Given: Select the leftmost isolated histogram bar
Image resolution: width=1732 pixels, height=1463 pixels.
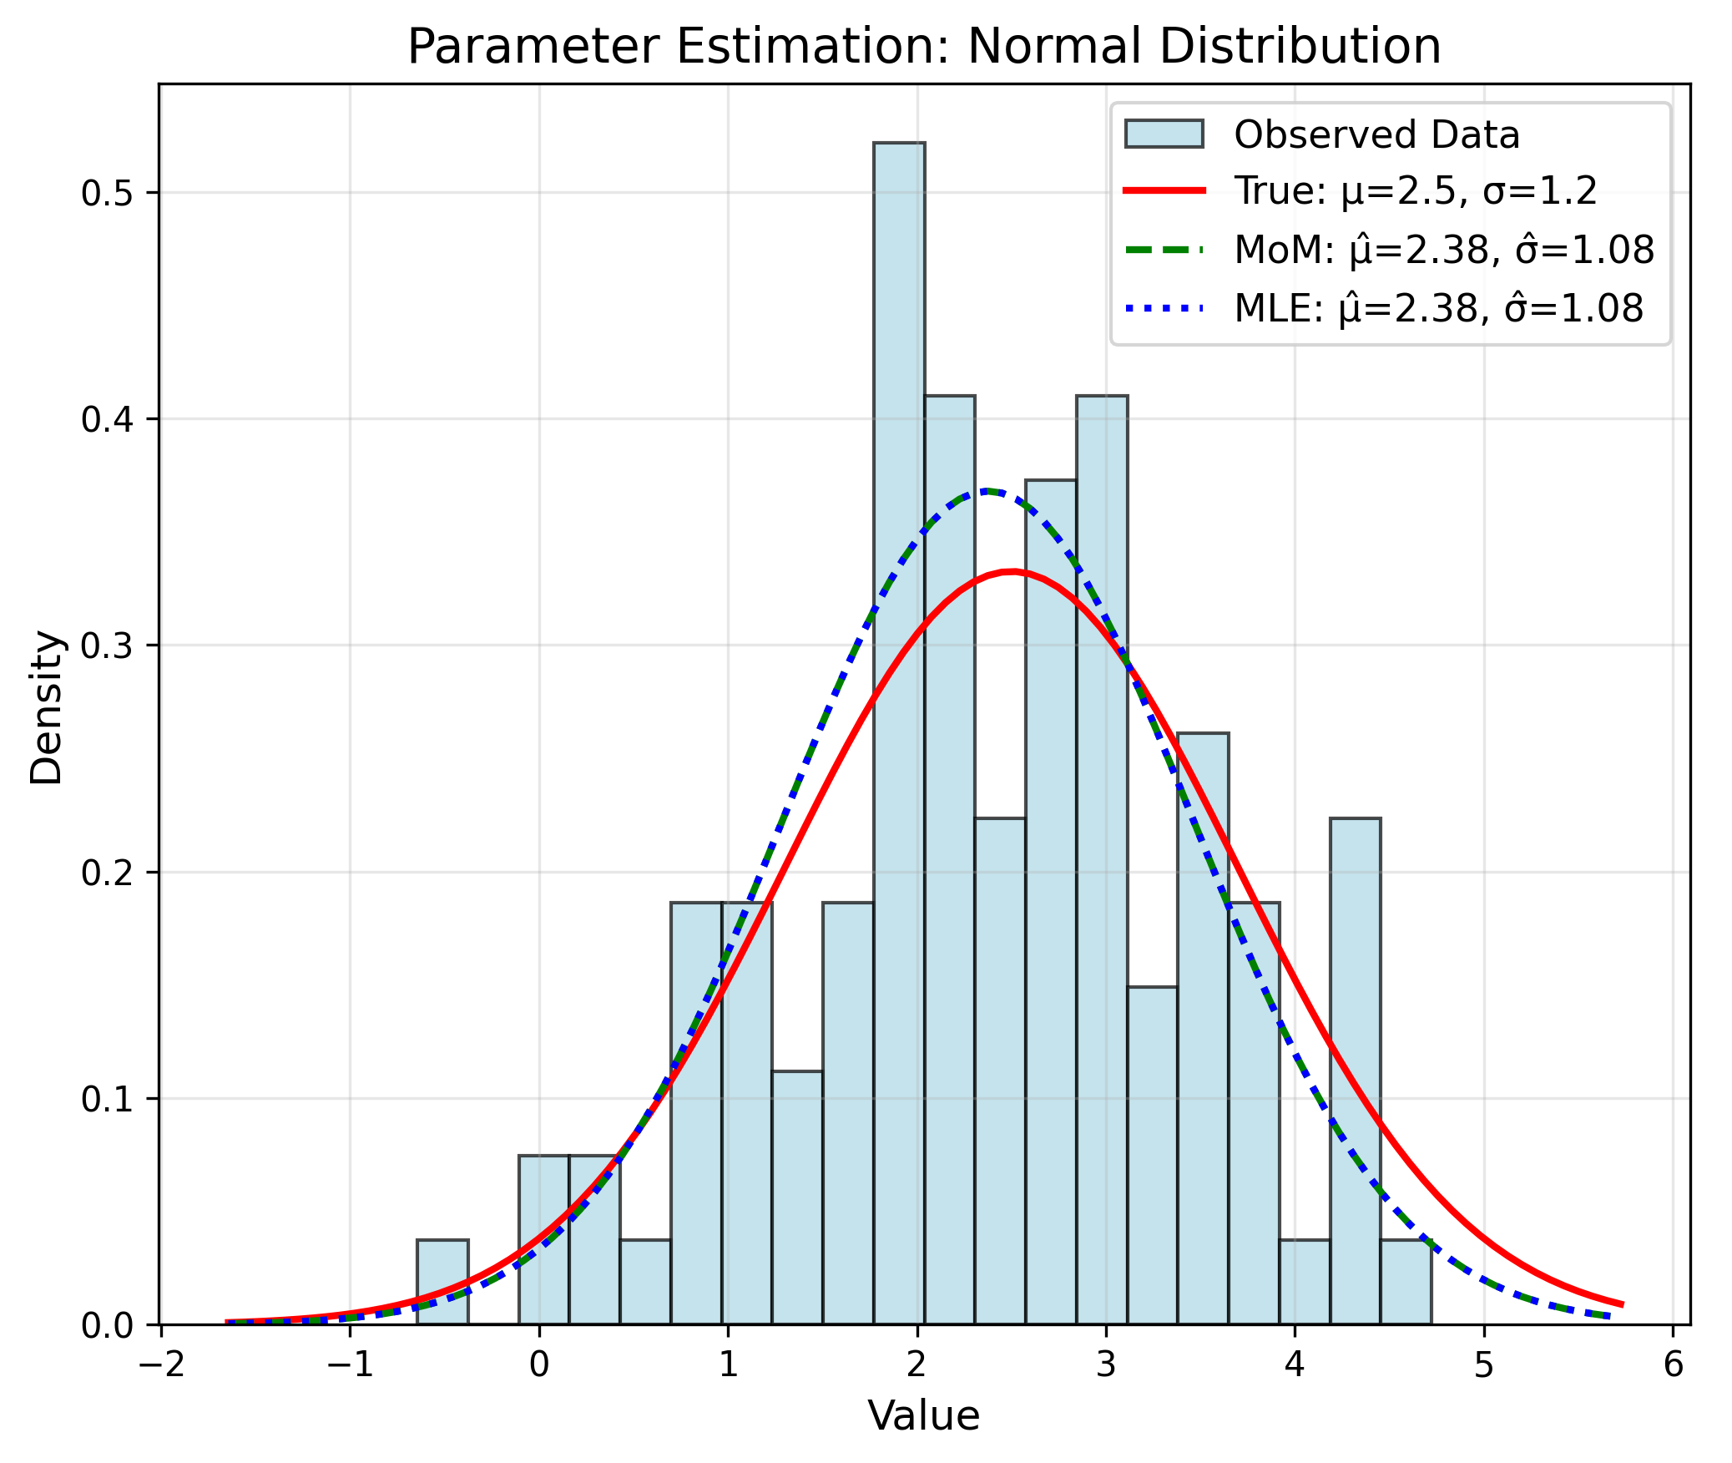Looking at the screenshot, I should click(x=442, y=1283).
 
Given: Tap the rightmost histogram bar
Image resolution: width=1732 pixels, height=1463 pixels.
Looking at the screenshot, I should click(x=1406, y=1283).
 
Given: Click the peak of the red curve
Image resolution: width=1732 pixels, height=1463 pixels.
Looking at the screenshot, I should click(x=1012, y=572).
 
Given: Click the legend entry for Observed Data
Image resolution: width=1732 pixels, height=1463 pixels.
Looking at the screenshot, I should click(x=1376, y=134).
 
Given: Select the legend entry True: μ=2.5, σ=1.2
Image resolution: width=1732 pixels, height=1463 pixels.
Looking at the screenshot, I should click(x=1415, y=190).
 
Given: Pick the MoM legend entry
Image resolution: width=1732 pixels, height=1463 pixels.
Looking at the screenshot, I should click(x=1443, y=250).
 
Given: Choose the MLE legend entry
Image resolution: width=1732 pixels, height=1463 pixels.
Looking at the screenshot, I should click(x=1438, y=308).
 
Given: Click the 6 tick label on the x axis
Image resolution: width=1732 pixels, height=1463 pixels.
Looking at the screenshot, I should click(x=1673, y=1364).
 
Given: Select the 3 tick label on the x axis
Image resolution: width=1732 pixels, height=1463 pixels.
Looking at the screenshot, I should click(x=1106, y=1364).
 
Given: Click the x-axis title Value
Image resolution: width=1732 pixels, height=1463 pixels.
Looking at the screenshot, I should click(x=923, y=1416).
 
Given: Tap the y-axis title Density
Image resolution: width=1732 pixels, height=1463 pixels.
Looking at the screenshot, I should click(x=46, y=707).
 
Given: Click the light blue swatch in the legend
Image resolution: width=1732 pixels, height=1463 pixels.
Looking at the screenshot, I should click(x=1164, y=134).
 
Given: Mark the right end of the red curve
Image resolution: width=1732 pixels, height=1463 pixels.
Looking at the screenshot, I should click(x=1622, y=1304).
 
